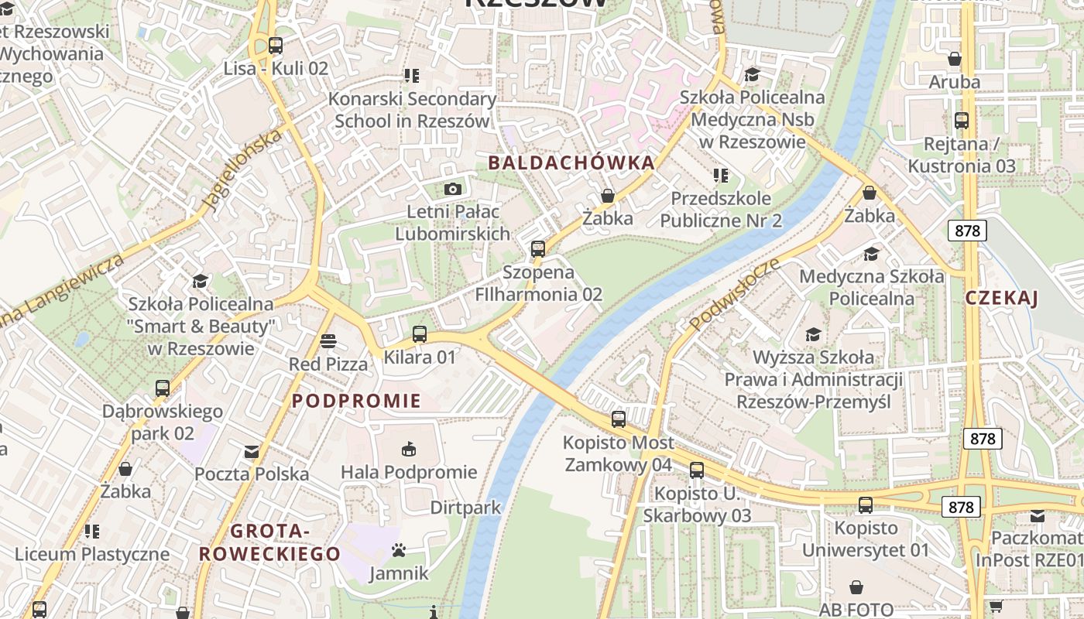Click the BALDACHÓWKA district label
(571, 163)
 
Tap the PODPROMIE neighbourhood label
(356, 401)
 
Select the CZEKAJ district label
(1001, 298)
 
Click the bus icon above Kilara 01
(419, 334)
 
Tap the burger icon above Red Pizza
(328, 341)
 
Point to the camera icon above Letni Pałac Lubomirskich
(452, 189)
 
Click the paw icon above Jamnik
(399, 550)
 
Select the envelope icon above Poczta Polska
(252, 451)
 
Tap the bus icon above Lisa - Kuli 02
(276, 46)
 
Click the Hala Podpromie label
(409, 472)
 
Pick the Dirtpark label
(465, 508)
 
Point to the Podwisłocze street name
(733, 294)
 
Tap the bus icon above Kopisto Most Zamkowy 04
(618, 419)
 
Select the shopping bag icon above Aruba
(954, 59)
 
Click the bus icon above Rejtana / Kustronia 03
(961, 121)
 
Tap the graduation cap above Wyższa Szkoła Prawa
(813, 334)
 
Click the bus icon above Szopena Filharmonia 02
(537, 249)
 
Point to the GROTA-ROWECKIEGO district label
(269, 542)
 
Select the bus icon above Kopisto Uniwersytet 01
(865, 505)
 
